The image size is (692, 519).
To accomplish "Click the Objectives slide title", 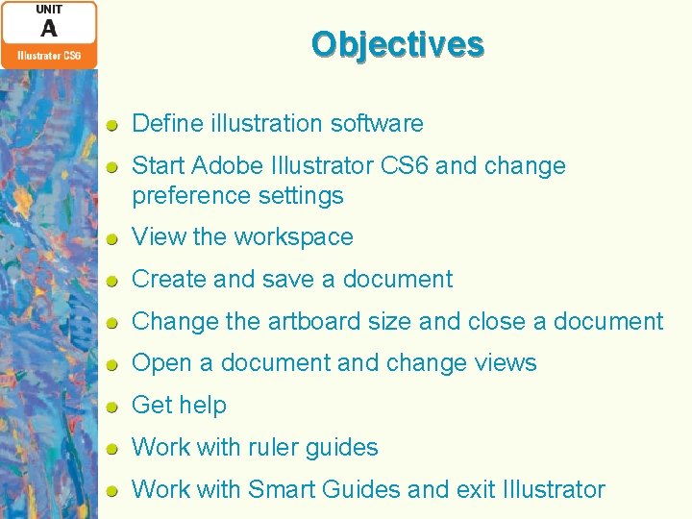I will pos(397,44).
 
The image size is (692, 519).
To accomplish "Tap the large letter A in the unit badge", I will pos(48,29).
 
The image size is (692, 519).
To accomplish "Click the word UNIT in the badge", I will pos(48,10).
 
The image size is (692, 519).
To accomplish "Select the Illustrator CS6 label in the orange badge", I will pos(48,56).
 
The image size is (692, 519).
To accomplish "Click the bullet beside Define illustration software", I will pos(112,124).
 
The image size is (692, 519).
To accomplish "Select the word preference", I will pos(179,196).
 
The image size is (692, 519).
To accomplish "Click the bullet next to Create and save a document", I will pos(112,280).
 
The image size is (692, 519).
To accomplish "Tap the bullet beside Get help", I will pos(112,406).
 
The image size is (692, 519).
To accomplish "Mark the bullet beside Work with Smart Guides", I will pos(112,490).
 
